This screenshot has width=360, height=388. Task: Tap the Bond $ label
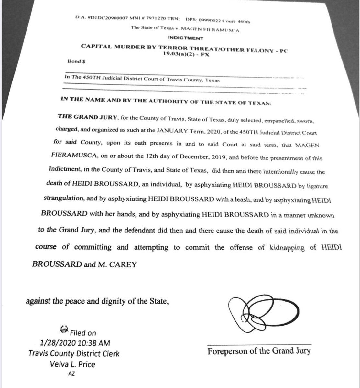(x=74, y=61)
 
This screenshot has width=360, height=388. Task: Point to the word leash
(x=241, y=199)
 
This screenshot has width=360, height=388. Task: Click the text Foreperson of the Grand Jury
(x=259, y=351)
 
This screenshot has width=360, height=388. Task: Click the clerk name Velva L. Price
(x=73, y=364)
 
